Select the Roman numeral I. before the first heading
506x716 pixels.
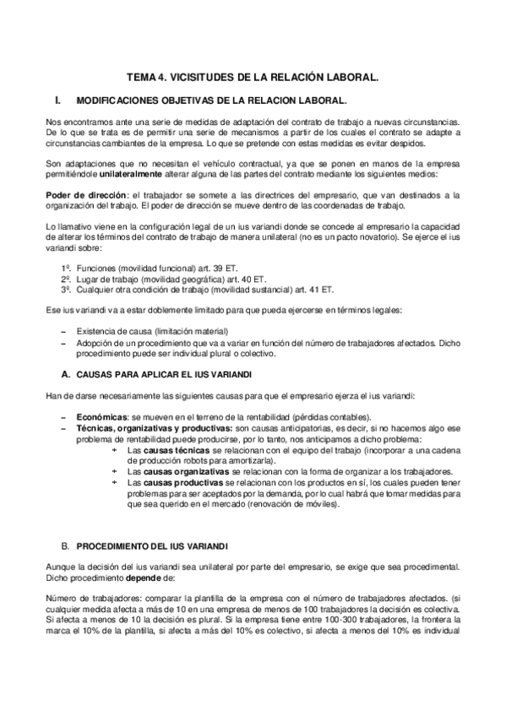(57, 100)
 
